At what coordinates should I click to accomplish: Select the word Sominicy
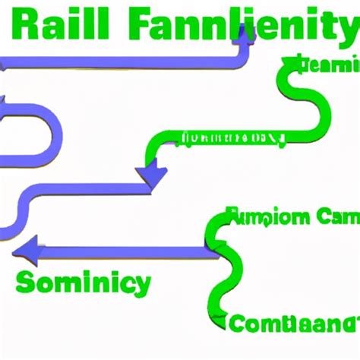coord(83,285)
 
